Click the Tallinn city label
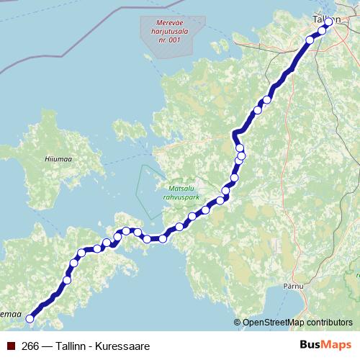[325, 18]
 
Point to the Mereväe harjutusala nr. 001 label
[167, 32]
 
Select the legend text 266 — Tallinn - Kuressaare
[86, 346]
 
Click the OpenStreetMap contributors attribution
[297, 323]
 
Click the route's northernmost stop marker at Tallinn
[329, 22]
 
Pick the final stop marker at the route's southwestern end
[30, 318]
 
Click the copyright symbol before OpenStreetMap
[237, 323]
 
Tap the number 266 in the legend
[31, 346]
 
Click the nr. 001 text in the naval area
[167, 40]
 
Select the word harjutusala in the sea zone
[167, 32]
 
